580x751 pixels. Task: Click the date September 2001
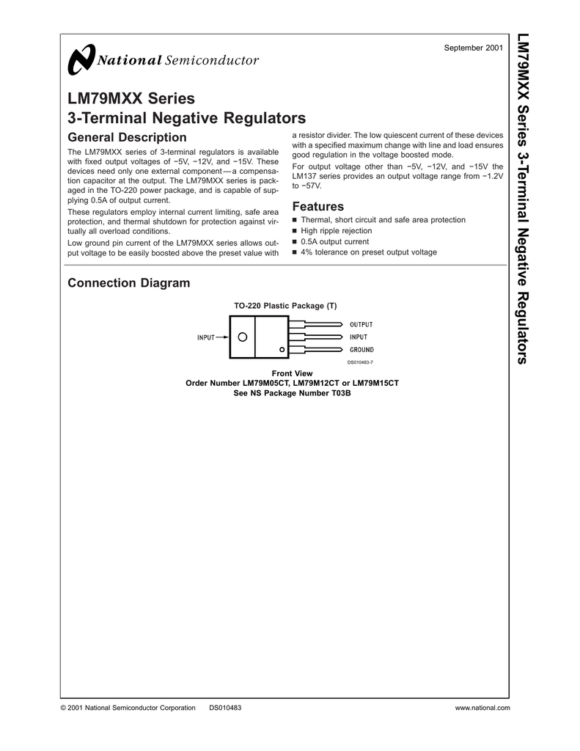(x=474, y=48)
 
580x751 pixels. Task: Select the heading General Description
(x=127, y=138)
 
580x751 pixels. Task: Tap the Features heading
(x=318, y=207)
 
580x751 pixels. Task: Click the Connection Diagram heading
(x=128, y=283)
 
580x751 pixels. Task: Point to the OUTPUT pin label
(x=361, y=324)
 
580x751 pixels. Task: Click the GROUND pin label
(x=361, y=350)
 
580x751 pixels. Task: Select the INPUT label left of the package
(x=206, y=337)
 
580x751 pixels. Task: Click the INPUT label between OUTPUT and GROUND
(x=359, y=337)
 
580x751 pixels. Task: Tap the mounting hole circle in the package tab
(x=242, y=337)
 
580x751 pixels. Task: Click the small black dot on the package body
(x=282, y=348)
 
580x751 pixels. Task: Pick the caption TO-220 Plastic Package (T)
(x=285, y=305)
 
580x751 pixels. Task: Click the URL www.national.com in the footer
(x=482, y=708)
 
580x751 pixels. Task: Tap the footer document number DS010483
(x=225, y=708)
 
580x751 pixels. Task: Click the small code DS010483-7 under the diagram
(x=360, y=362)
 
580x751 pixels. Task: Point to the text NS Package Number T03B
(x=301, y=393)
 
